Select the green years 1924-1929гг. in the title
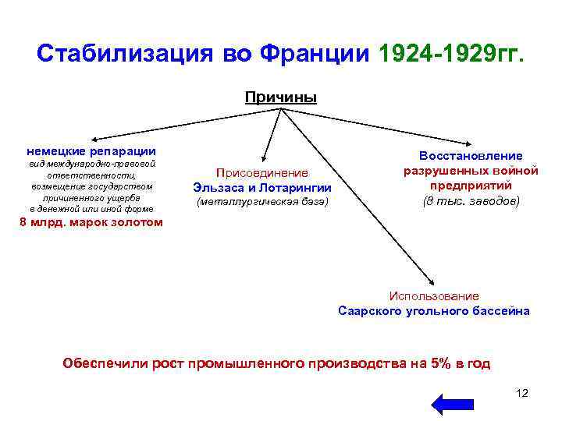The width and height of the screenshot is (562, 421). click(x=452, y=54)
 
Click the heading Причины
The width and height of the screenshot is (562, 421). click(x=281, y=97)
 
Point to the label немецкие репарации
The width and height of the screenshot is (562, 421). click(x=91, y=150)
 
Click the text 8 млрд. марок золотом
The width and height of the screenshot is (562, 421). click(x=91, y=222)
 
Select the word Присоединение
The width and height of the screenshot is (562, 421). click(x=262, y=173)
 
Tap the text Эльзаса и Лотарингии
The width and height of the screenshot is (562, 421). click(x=262, y=188)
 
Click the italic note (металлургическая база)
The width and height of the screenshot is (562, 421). click(x=262, y=203)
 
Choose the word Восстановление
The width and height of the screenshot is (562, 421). click(x=471, y=156)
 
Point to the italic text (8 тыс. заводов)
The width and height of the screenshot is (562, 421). click(x=471, y=201)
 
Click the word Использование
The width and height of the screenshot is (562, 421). click(x=434, y=296)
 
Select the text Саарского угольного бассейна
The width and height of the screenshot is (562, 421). click(x=434, y=311)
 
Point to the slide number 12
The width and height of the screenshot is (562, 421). click(x=522, y=392)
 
